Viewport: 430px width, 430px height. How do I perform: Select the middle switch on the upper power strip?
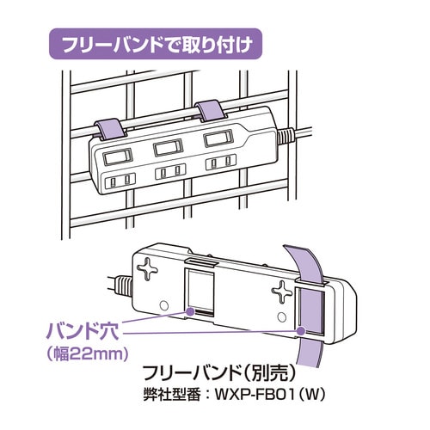(167, 148)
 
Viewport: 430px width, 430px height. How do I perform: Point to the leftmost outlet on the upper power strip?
(118, 181)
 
